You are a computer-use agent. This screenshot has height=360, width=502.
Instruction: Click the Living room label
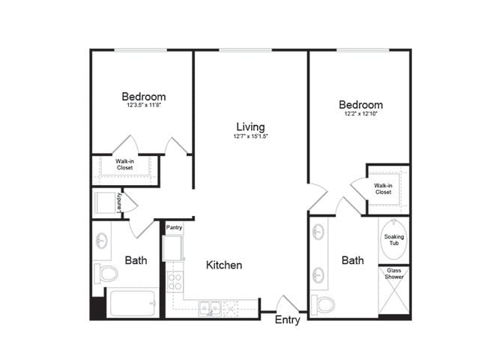(x=250, y=127)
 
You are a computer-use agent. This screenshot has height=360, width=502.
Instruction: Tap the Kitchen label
(x=223, y=265)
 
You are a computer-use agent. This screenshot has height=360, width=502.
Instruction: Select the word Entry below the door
(x=288, y=320)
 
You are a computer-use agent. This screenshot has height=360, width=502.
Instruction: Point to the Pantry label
(x=175, y=227)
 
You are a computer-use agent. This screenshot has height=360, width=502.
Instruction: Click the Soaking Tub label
(x=394, y=240)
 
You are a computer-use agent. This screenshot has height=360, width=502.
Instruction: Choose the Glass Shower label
(x=394, y=274)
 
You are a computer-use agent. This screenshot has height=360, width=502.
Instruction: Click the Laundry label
(x=120, y=202)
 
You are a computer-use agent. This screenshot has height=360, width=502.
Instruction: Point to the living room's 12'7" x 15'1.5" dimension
(x=250, y=137)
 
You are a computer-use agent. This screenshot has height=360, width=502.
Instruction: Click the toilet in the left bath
(x=106, y=272)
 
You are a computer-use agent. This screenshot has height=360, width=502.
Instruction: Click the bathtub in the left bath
(x=132, y=302)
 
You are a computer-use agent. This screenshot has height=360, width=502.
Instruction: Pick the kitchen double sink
(x=209, y=307)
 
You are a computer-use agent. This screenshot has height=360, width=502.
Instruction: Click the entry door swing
(x=288, y=303)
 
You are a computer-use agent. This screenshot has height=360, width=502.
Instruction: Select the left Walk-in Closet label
(x=124, y=164)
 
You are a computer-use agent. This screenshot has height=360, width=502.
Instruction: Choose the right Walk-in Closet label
(x=384, y=188)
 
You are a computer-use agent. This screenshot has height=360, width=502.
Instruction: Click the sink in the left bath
(x=101, y=241)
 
